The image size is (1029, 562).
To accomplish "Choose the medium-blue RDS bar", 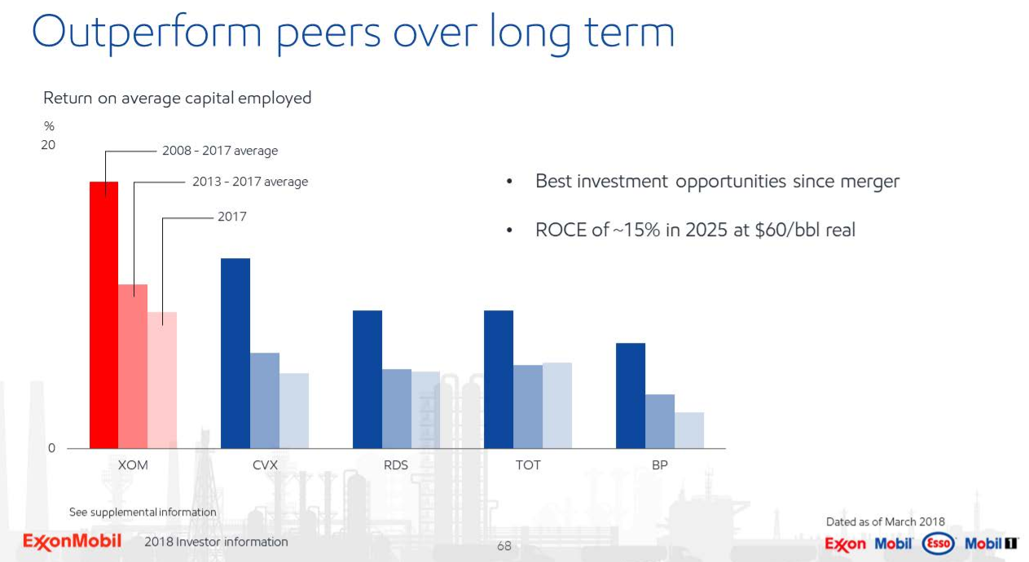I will coord(396,408).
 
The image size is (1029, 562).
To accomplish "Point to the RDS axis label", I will coord(396,465).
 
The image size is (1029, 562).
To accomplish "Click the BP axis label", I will coord(660,465).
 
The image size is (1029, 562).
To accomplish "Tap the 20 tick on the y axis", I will coord(49,145).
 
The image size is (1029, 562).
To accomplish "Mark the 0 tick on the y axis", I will coord(51,448).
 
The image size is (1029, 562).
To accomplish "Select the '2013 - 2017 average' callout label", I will coord(250,182).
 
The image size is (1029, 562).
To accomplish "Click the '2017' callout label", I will coord(231,217).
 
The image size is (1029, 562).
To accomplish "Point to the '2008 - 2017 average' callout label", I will coord(220,151).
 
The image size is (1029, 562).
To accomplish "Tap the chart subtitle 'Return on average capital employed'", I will coord(177,98).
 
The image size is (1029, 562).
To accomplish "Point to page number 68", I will coord(504,546).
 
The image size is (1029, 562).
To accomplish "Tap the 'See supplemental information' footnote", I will coord(143,512).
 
